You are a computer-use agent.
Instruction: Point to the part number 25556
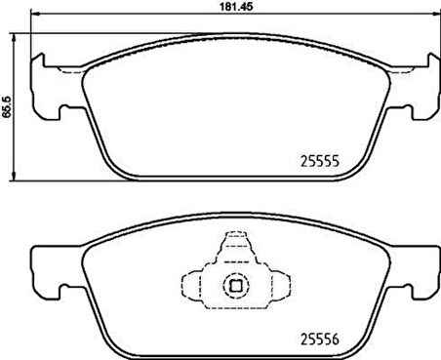315,339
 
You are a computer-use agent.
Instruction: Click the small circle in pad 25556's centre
234,286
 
